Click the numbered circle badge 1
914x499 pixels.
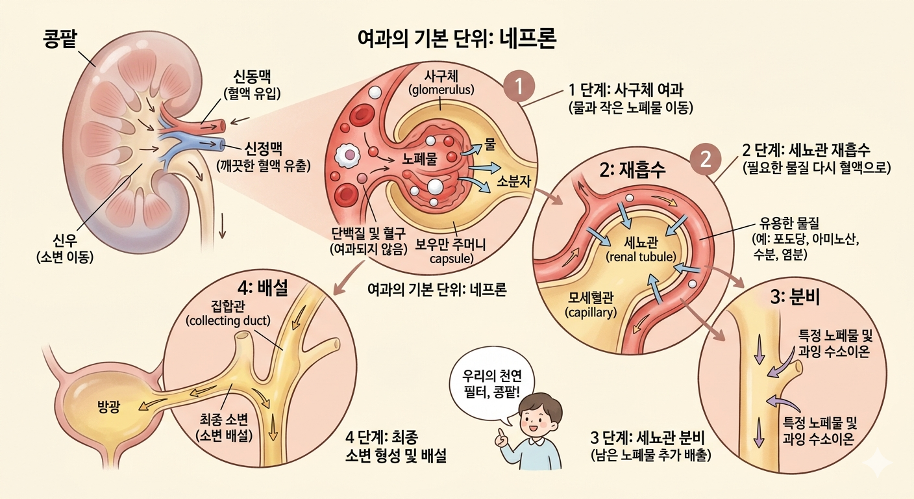click(x=519, y=86)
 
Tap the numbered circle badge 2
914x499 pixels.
click(x=706, y=159)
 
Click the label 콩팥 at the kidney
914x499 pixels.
click(x=60, y=40)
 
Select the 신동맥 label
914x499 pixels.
click(x=252, y=77)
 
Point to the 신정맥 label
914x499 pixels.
click(x=263, y=149)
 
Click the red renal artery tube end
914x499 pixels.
click(x=220, y=125)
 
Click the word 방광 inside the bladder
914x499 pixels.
click(x=108, y=406)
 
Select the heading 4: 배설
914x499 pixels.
click(x=263, y=288)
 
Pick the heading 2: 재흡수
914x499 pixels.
click(x=632, y=170)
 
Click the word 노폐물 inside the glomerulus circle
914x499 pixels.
click(x=419, y=159)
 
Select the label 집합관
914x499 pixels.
click(x=228, y=305)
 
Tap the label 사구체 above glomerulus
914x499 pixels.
click(x=441, y=76)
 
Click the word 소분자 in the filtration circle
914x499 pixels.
click(x=513, y=181)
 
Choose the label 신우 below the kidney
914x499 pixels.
click(x=65, y=240)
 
